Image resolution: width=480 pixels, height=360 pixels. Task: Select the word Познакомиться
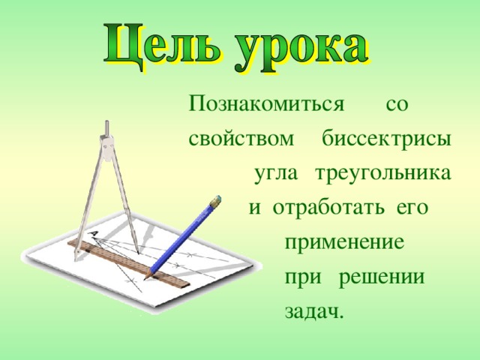click(266, 103)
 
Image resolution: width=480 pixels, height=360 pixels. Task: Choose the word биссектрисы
click(386, 139)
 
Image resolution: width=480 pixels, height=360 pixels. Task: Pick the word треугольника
click(383, 174)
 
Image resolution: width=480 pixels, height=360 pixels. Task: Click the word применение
click(345, 244)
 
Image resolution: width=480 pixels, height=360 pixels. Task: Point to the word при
click(301, 278)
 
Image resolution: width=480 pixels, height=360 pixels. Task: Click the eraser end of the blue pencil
click(217, 201)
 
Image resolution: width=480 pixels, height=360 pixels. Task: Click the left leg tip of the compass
click(76, 257)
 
